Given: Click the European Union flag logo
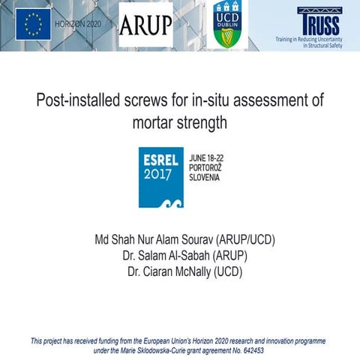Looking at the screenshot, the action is click(33, 25).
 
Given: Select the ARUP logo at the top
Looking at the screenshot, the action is click(145, 25).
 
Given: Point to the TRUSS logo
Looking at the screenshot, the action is click(318, 20).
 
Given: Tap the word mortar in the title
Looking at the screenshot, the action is click(156, 123).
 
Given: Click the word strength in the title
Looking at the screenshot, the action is click(203, 123).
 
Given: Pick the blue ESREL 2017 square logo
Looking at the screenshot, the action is click(161, 177).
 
